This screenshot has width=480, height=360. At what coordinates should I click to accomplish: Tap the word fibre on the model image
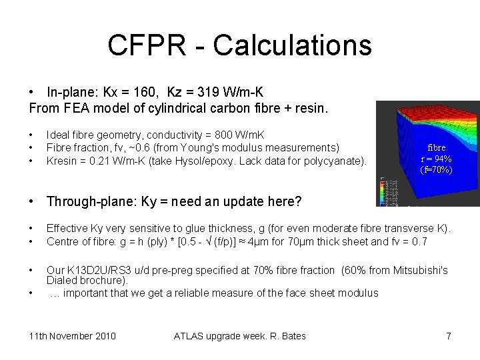pos(437,147)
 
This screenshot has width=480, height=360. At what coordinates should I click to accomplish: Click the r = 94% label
pos(437,159)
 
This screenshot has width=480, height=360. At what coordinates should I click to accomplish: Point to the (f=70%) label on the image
pos(437,169)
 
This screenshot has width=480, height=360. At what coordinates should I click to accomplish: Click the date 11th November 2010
pos(73,336)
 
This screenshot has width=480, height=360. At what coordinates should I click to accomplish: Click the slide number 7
pos(449,336)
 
